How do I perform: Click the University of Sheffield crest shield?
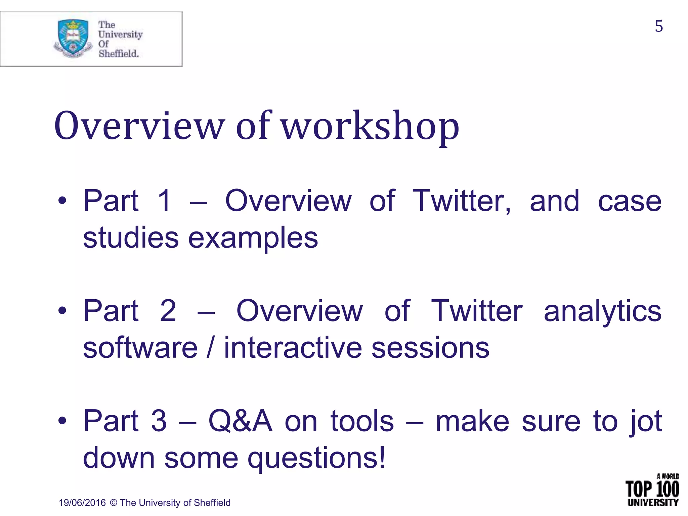[73, 37]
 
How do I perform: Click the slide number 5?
[659, 26]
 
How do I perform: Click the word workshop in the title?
[370, 126]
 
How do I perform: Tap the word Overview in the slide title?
[139, 126]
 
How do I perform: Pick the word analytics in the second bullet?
[602, 311]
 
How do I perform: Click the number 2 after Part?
[168, 311]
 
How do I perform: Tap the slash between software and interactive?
[210, 348]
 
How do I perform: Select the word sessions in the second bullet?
[430, 348]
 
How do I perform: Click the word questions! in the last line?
[316, 458]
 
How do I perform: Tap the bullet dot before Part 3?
[62, 421]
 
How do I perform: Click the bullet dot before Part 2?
[62, 311]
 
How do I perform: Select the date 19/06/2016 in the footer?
[82, 503]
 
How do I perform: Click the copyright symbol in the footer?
[114, 503]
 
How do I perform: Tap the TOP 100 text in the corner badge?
[652, 489]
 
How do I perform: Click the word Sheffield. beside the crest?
[119, 53]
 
